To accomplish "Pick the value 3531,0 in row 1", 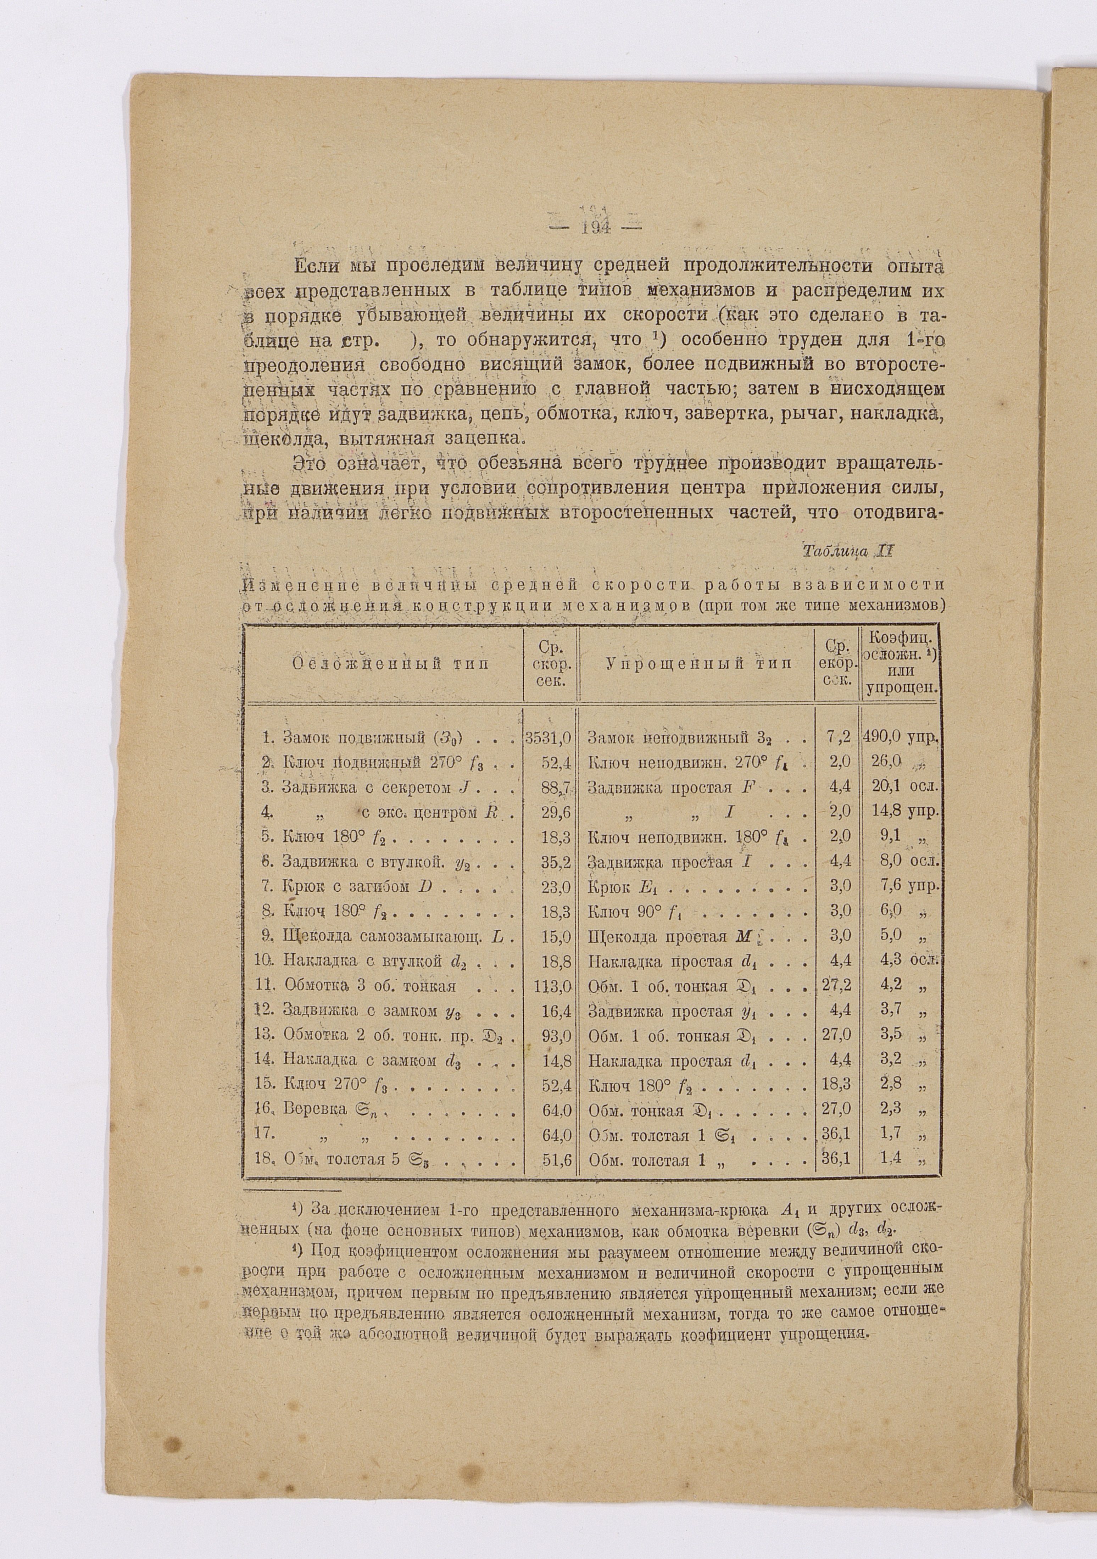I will (x=550, y=737).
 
